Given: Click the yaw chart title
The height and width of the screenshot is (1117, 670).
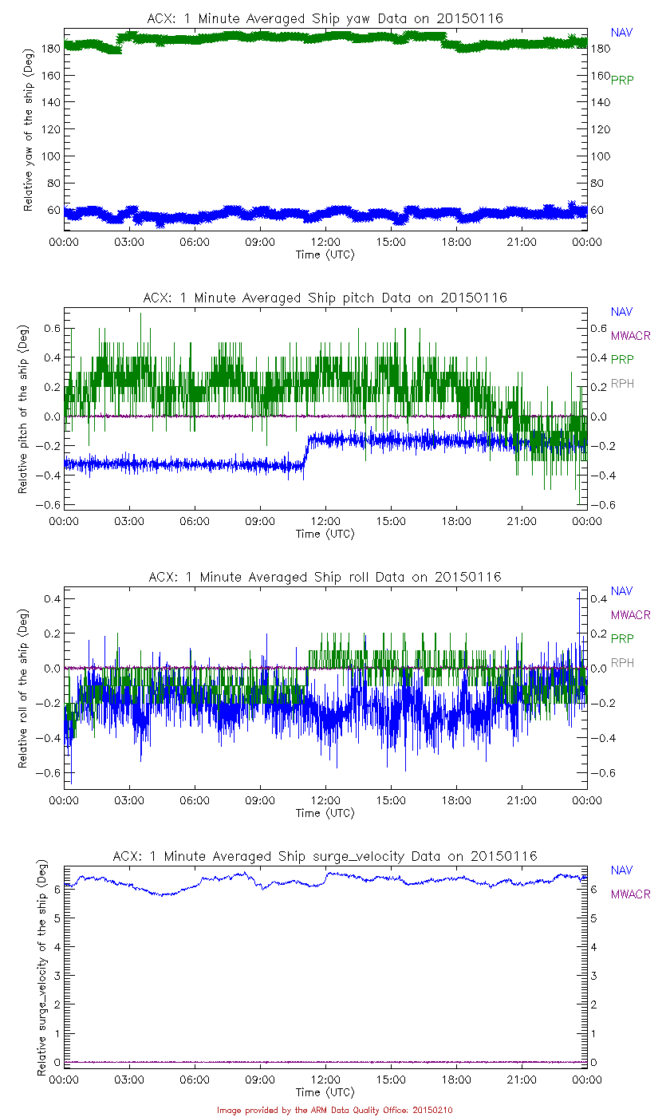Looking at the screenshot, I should pyautogui.click(x=325, y=18).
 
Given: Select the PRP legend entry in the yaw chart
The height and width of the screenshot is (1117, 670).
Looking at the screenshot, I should pyautogui.click(x=622, y=80).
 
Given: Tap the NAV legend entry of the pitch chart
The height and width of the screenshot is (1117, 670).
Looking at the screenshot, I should pyautogui.click(x=621, y=312).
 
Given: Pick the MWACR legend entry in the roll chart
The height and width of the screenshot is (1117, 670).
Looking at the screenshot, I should pyautogui.click(x=630, y=615).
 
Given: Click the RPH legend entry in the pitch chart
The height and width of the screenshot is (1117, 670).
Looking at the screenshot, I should pyautogui.click(x=622, y=385).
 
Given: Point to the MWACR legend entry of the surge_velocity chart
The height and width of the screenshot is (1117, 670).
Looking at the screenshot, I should pyautogui.click(x=630, y=894).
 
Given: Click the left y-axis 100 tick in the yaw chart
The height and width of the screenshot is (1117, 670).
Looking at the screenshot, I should pyautogui.click(x=49, y=156).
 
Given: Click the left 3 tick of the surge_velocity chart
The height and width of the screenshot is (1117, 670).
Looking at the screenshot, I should pyautogui.click(x=56, y=976).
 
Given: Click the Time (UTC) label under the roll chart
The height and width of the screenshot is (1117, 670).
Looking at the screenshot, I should pyautogui.click(x=325, y=813).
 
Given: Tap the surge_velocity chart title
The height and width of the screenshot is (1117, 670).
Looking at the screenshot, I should pyautogui.click(x=325, y=856).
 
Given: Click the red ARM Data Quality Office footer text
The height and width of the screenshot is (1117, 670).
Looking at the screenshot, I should pyautogui.click(x=334, y=1110).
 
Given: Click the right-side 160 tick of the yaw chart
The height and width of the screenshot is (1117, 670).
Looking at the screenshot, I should pyautogui.click(x=599, y=76).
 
